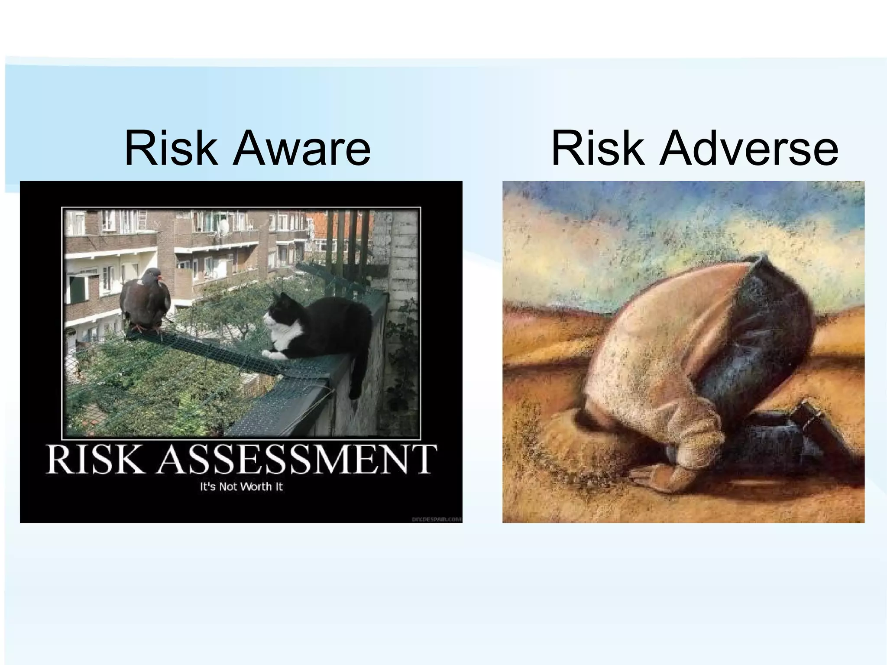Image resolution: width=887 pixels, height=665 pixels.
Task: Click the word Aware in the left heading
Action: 301,149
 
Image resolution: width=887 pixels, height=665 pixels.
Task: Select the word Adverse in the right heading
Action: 749,149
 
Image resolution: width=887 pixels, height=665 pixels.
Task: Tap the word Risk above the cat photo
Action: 171,149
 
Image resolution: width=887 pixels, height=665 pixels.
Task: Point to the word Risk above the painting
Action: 598,149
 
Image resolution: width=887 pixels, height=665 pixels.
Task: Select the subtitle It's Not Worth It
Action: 241,487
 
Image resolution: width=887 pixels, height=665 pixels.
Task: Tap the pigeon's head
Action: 152,275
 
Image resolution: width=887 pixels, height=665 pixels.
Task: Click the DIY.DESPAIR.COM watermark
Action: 436,519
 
